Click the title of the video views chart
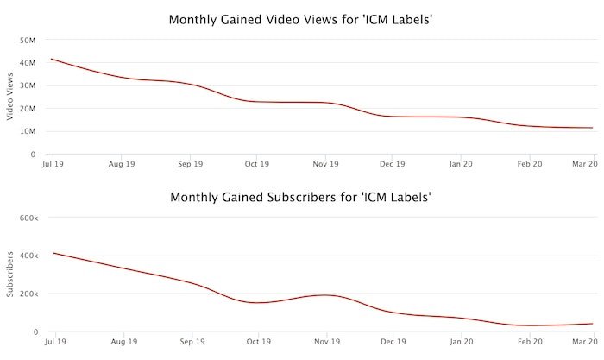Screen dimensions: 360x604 pyautogui.click(x=301, y=19)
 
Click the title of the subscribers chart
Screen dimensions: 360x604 pyautogui.click(x=301, y=197)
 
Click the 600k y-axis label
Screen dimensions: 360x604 pyautogui.click(x=28, y=218)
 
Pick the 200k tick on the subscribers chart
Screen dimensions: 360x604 pyautogui.click(x=28, y=294)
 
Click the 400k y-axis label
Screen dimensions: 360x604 pyautogui.click(x=28, y=256)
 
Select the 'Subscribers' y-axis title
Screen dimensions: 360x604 pyautogui.click(x=10, y=275)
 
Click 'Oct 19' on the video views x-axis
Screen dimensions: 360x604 pyautogui.click(x=257, y=163)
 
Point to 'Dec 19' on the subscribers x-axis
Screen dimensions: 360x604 pyautogui.click(x=393, y=341)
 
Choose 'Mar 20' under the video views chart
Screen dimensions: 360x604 pyautogui.click(x=586, y=163)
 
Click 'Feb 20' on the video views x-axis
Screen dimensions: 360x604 pyautogui.click(x=529, y=163)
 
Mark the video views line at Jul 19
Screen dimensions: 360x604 pyautogui.click(x=54, y=60)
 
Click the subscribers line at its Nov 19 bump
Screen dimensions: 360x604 pyautogui.click(x=324, y=295)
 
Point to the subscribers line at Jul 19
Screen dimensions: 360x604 pyautogui.click(x=54, y=253)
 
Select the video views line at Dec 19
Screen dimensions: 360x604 pyautogui.click(x=393, y=116)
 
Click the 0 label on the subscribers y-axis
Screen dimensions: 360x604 pyautogui.click(x=35, y=332)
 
